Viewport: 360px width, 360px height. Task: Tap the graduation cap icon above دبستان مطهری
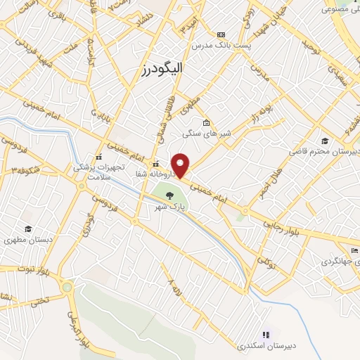click(28, 229)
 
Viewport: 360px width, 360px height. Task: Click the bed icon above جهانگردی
click(354, 250)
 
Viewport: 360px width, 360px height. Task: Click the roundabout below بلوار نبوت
click(67, 287)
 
